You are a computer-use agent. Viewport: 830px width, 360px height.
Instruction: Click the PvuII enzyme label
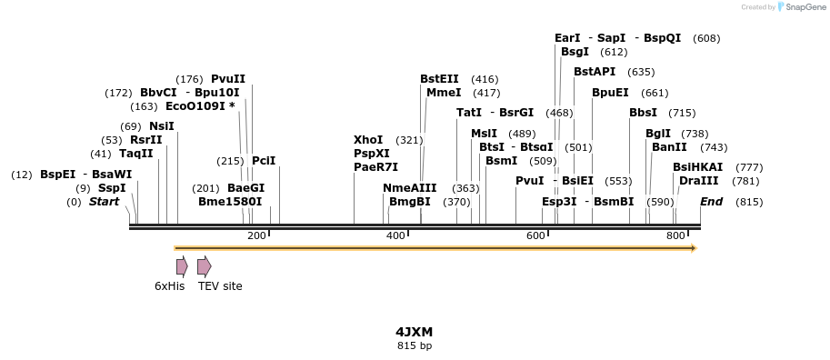pyautogui.click(x=228, y=79)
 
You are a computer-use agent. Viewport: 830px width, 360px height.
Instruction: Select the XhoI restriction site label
pyautogui.click(x=368, y=140)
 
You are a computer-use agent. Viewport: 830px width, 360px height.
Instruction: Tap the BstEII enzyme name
pyautogui.click(x=439, y=79)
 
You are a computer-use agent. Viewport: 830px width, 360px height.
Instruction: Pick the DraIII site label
pyautogui.click(x=698, y=181)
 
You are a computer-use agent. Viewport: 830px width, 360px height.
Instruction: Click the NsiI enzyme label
pyautogui.click(x=162, y=126)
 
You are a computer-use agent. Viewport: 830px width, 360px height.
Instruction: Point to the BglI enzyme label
pyautogui.click(x=658, y=134)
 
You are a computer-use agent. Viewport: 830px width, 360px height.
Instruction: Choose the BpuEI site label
pyautogui.click(x=610, y=93)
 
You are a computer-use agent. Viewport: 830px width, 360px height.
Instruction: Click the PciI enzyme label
pyautogui.click(x=264, y=161)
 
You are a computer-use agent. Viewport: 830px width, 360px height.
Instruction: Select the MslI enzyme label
pyautogui.click(x=484, y=134)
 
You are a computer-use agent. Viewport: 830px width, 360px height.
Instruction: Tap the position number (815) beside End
pyautogui.click(x=749, y=202)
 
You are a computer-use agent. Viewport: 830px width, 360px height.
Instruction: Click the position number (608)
pyautogui.click(x=706, y=38)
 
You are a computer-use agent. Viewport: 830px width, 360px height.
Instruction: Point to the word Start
pyautogui.click(x=104, y=202)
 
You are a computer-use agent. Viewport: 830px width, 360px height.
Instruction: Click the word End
pyautogui.click(x=712, y=202)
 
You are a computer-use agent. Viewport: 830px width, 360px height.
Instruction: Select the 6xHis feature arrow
pyautogui.click(x=182, y=265)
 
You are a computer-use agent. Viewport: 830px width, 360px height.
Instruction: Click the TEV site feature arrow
pyautogui.click(x=204, y=265)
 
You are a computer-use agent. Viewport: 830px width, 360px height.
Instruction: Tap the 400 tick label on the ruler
pyautogui.click(x=395, y=236)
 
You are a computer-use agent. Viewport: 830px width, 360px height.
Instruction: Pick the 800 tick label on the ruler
pyautogui.click(x=675, y=236)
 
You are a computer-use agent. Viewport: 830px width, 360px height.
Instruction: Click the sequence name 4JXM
pyautogui.click(x=415, y=332)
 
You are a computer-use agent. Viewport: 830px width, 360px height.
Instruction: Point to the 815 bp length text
pyautogui.click(x=415, y=345)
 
